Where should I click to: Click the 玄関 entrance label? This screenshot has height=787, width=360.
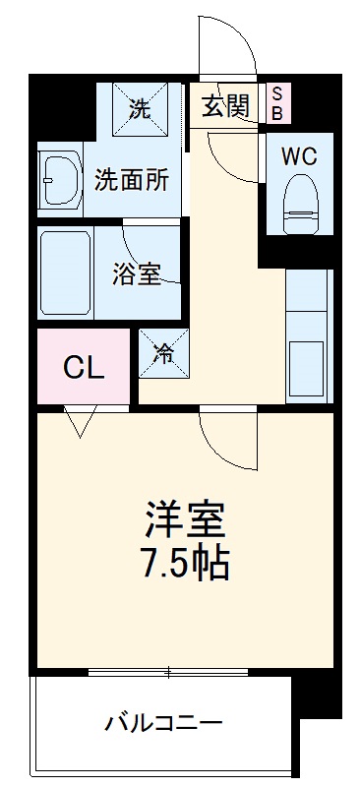(226, 106)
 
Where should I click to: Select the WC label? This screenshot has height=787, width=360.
(299, 156)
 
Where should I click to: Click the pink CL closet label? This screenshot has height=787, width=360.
(84, 368)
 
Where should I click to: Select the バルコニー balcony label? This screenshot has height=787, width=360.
(165, 725)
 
